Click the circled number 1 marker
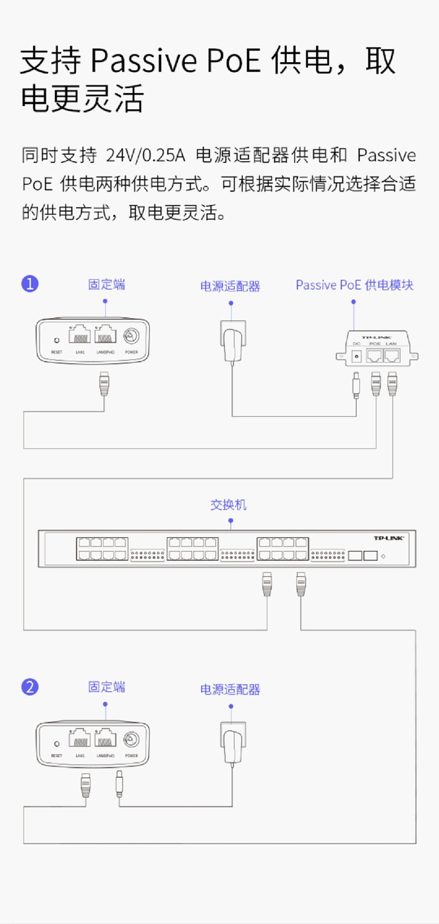click(x=30, y=284)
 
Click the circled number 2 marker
click(x=30, y=687)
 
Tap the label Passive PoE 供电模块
click(x=355, y=285)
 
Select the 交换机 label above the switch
click(x=228, y=505)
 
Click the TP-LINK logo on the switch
click(x=388, y=538)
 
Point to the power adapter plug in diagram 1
click(x=233, y=341)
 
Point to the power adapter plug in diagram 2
click(x=233, y=744)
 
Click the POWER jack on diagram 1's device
click(x=132, y=336)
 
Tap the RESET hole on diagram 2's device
click(x=57, y=743)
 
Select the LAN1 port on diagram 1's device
click(x=80, y=335)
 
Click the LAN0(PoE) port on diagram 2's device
click(x=105, y=739)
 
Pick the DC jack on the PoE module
click(x=357, y=356)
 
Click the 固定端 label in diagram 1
click(x=107, y=285)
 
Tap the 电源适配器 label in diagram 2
click(x=230, y=690)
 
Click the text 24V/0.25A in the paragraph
click(x=146, y=155)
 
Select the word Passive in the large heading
click(x=143, y=60)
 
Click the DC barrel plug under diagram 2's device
click(x=119, y=784)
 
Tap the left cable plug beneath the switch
click(x=267, y=585)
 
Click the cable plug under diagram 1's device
click(x=104, y=383)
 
